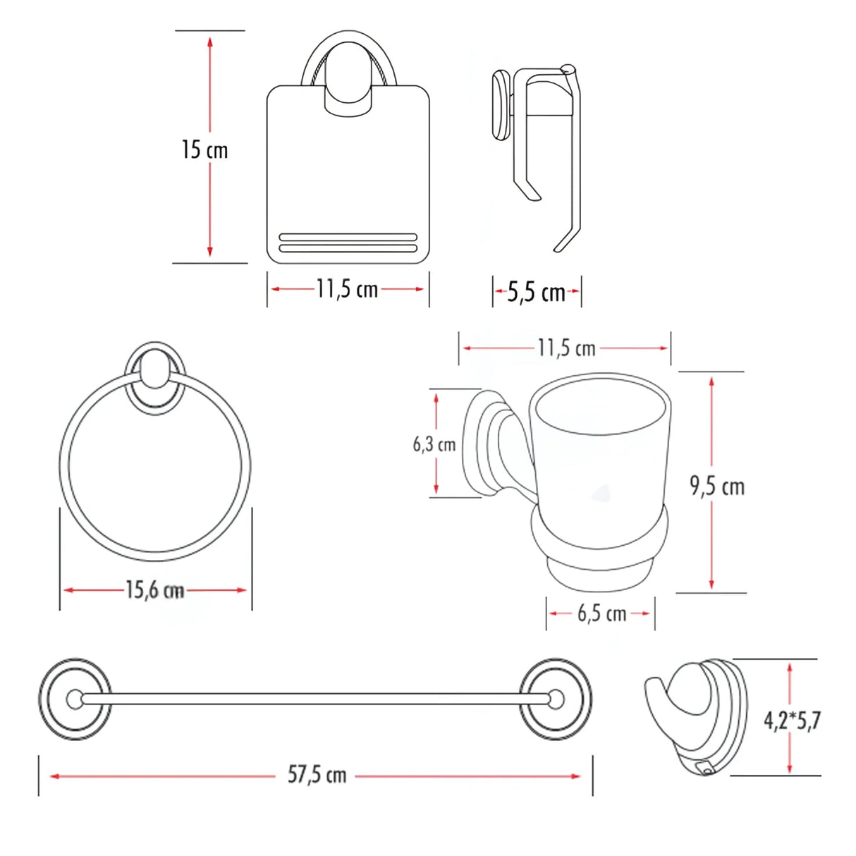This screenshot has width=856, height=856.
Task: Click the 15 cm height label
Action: coord(204,149)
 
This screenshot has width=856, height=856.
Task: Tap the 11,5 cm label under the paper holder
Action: coord(347,289)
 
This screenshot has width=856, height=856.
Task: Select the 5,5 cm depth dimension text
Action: coord(537,292)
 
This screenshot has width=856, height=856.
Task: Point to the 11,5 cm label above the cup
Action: coord(566,348)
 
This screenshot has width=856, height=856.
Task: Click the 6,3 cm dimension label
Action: coord(434,444)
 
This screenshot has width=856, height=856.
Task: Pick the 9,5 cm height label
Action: coord(717,487)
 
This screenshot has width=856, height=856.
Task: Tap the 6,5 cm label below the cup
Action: coord(602,613)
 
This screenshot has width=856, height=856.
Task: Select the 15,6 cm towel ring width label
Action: coord(155,589)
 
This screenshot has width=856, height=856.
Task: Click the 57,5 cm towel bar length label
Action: coord(317,775)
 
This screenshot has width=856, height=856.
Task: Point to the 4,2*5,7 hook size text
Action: coord(793,720)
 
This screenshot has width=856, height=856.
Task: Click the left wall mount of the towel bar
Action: coord(74,699)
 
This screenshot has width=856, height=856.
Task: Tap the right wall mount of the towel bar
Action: coord(556,699)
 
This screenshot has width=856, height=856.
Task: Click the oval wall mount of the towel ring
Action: coord(155,377)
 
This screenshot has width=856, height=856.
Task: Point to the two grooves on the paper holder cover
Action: coord(348,243)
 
